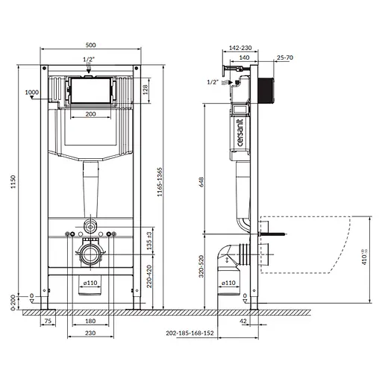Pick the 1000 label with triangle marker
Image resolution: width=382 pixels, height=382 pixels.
32,93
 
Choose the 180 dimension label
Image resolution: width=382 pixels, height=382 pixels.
90,322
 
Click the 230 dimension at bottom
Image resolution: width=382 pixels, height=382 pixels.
90,332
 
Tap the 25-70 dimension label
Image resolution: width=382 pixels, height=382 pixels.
284,57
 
